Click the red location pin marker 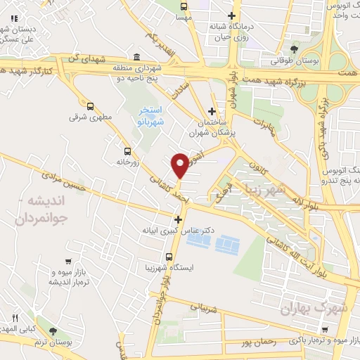coord(180,165)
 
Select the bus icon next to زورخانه coord(127,151)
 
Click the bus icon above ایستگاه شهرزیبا coord(168,256)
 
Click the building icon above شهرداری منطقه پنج coord(135,56)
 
